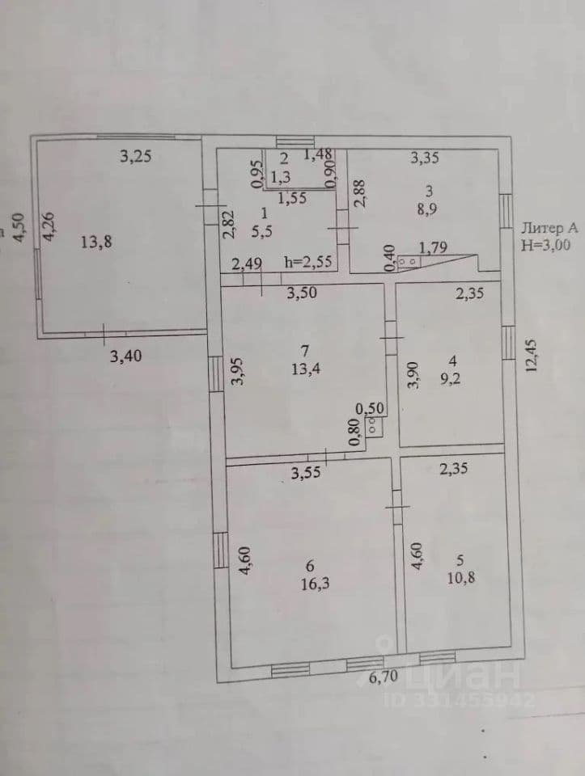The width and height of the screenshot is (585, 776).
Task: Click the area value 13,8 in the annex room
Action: coord(96,242)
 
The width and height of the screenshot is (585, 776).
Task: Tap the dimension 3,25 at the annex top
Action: coord(136,156)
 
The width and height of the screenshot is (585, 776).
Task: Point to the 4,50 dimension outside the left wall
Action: coord(18,228)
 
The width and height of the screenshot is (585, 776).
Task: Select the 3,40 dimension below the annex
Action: coord(125,356)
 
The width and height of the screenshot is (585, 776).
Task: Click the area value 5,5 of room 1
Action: coord(261,232)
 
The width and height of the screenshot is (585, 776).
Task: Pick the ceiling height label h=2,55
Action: coord(308,261)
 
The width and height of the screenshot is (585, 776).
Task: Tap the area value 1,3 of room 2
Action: coord(281,177)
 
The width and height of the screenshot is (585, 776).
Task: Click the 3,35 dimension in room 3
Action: coord(425,158)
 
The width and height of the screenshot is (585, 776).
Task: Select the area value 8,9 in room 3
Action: coord(427,209)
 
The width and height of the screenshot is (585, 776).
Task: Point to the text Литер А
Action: coord(549,228)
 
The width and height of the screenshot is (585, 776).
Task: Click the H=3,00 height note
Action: coord(545,245)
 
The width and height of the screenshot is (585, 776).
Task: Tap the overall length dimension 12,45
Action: coord(531,356)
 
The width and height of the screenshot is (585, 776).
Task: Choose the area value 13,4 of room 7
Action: coord(306,369)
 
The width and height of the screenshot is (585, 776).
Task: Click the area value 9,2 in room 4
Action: coord(450,379)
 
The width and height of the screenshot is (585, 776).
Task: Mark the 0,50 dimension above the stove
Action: coord(370,409)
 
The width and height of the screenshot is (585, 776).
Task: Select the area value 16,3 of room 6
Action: coord(316,584)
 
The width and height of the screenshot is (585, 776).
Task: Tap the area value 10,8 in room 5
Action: coord(461,578)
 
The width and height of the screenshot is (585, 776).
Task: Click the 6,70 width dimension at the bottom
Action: coord(384,677)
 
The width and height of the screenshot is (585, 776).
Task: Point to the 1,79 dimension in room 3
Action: coord(434,247)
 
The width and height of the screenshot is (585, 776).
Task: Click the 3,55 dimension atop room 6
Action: coord(306,473)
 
